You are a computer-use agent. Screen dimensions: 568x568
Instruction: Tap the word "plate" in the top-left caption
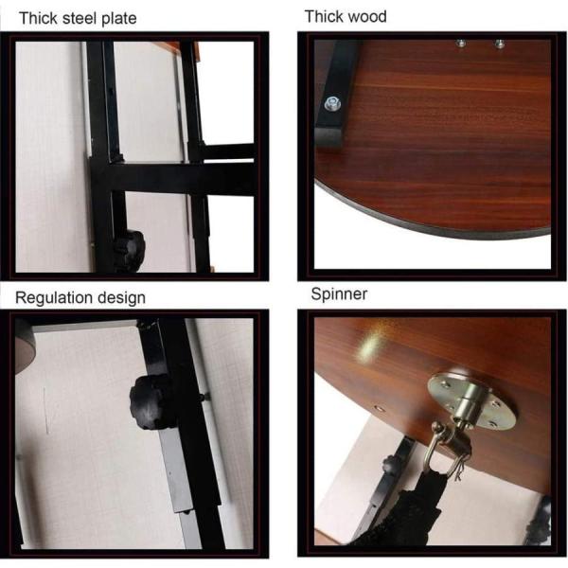click(x=119, y=19)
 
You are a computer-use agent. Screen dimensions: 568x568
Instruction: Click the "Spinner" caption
click(x=339, y=293)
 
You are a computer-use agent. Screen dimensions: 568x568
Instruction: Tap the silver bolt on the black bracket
click(x=332, y=103)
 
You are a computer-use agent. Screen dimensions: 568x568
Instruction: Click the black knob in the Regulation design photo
click(x=151, y=401)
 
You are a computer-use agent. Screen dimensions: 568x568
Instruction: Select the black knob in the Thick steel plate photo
click(x=130, y=250)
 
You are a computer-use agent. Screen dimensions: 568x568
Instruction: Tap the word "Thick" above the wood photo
click(x=322, y=17)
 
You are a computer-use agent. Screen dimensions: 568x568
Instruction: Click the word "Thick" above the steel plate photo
click(x=39, y=18)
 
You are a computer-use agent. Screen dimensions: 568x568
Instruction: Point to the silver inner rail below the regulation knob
click(x=179, y=482)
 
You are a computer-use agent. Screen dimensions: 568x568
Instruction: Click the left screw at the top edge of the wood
click(x=461, y=44)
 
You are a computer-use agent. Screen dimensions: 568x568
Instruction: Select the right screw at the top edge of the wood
click(x=500, y=44)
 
